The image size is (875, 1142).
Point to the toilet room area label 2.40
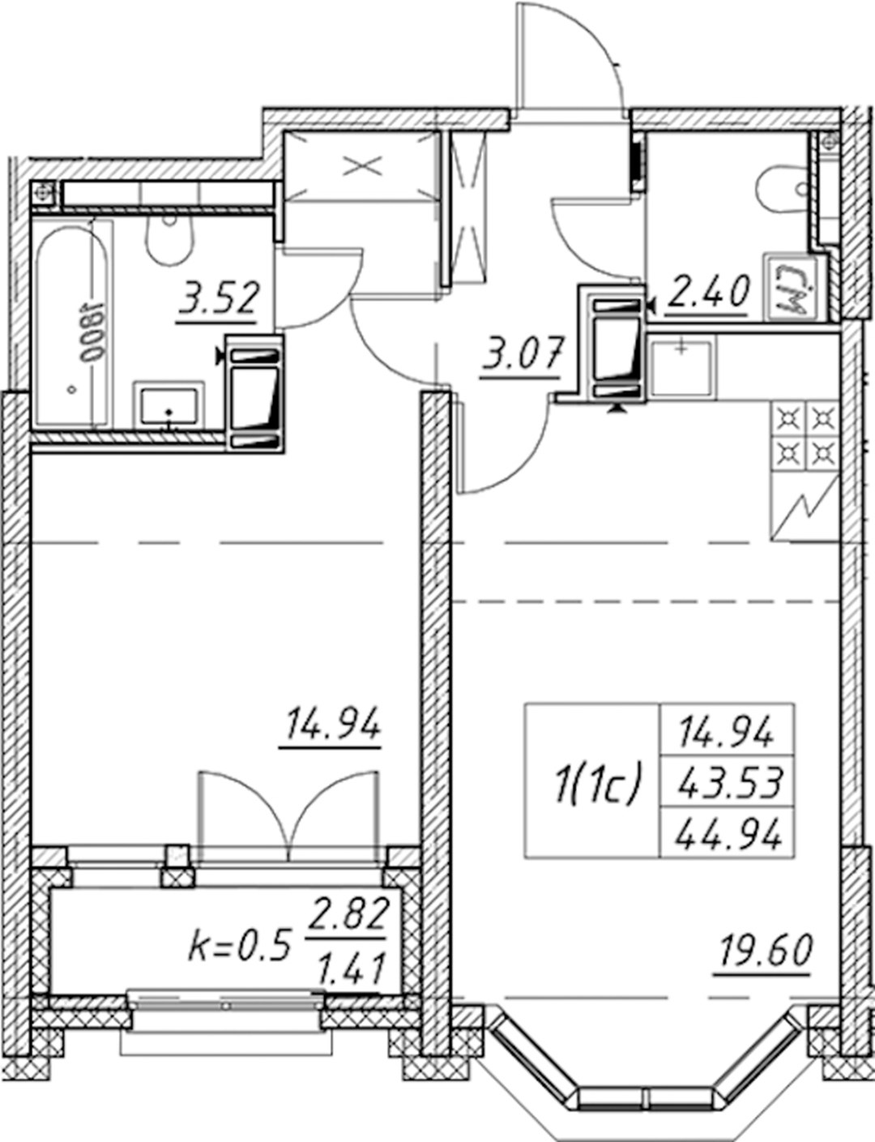pyautogui.click(x=707, y=293)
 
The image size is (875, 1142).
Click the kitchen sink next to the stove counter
pyautogui.click(x=681, y=368)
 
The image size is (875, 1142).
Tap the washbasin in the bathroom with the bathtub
pyautogui.click(x=169, y=408)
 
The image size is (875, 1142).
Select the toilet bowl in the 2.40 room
pyautogui.click(x=785, y=189)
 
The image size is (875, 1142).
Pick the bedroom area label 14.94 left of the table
pyautogui.click(x=331, y=727)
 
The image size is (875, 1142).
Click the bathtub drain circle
pyautogui.click(x=71, y=390)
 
